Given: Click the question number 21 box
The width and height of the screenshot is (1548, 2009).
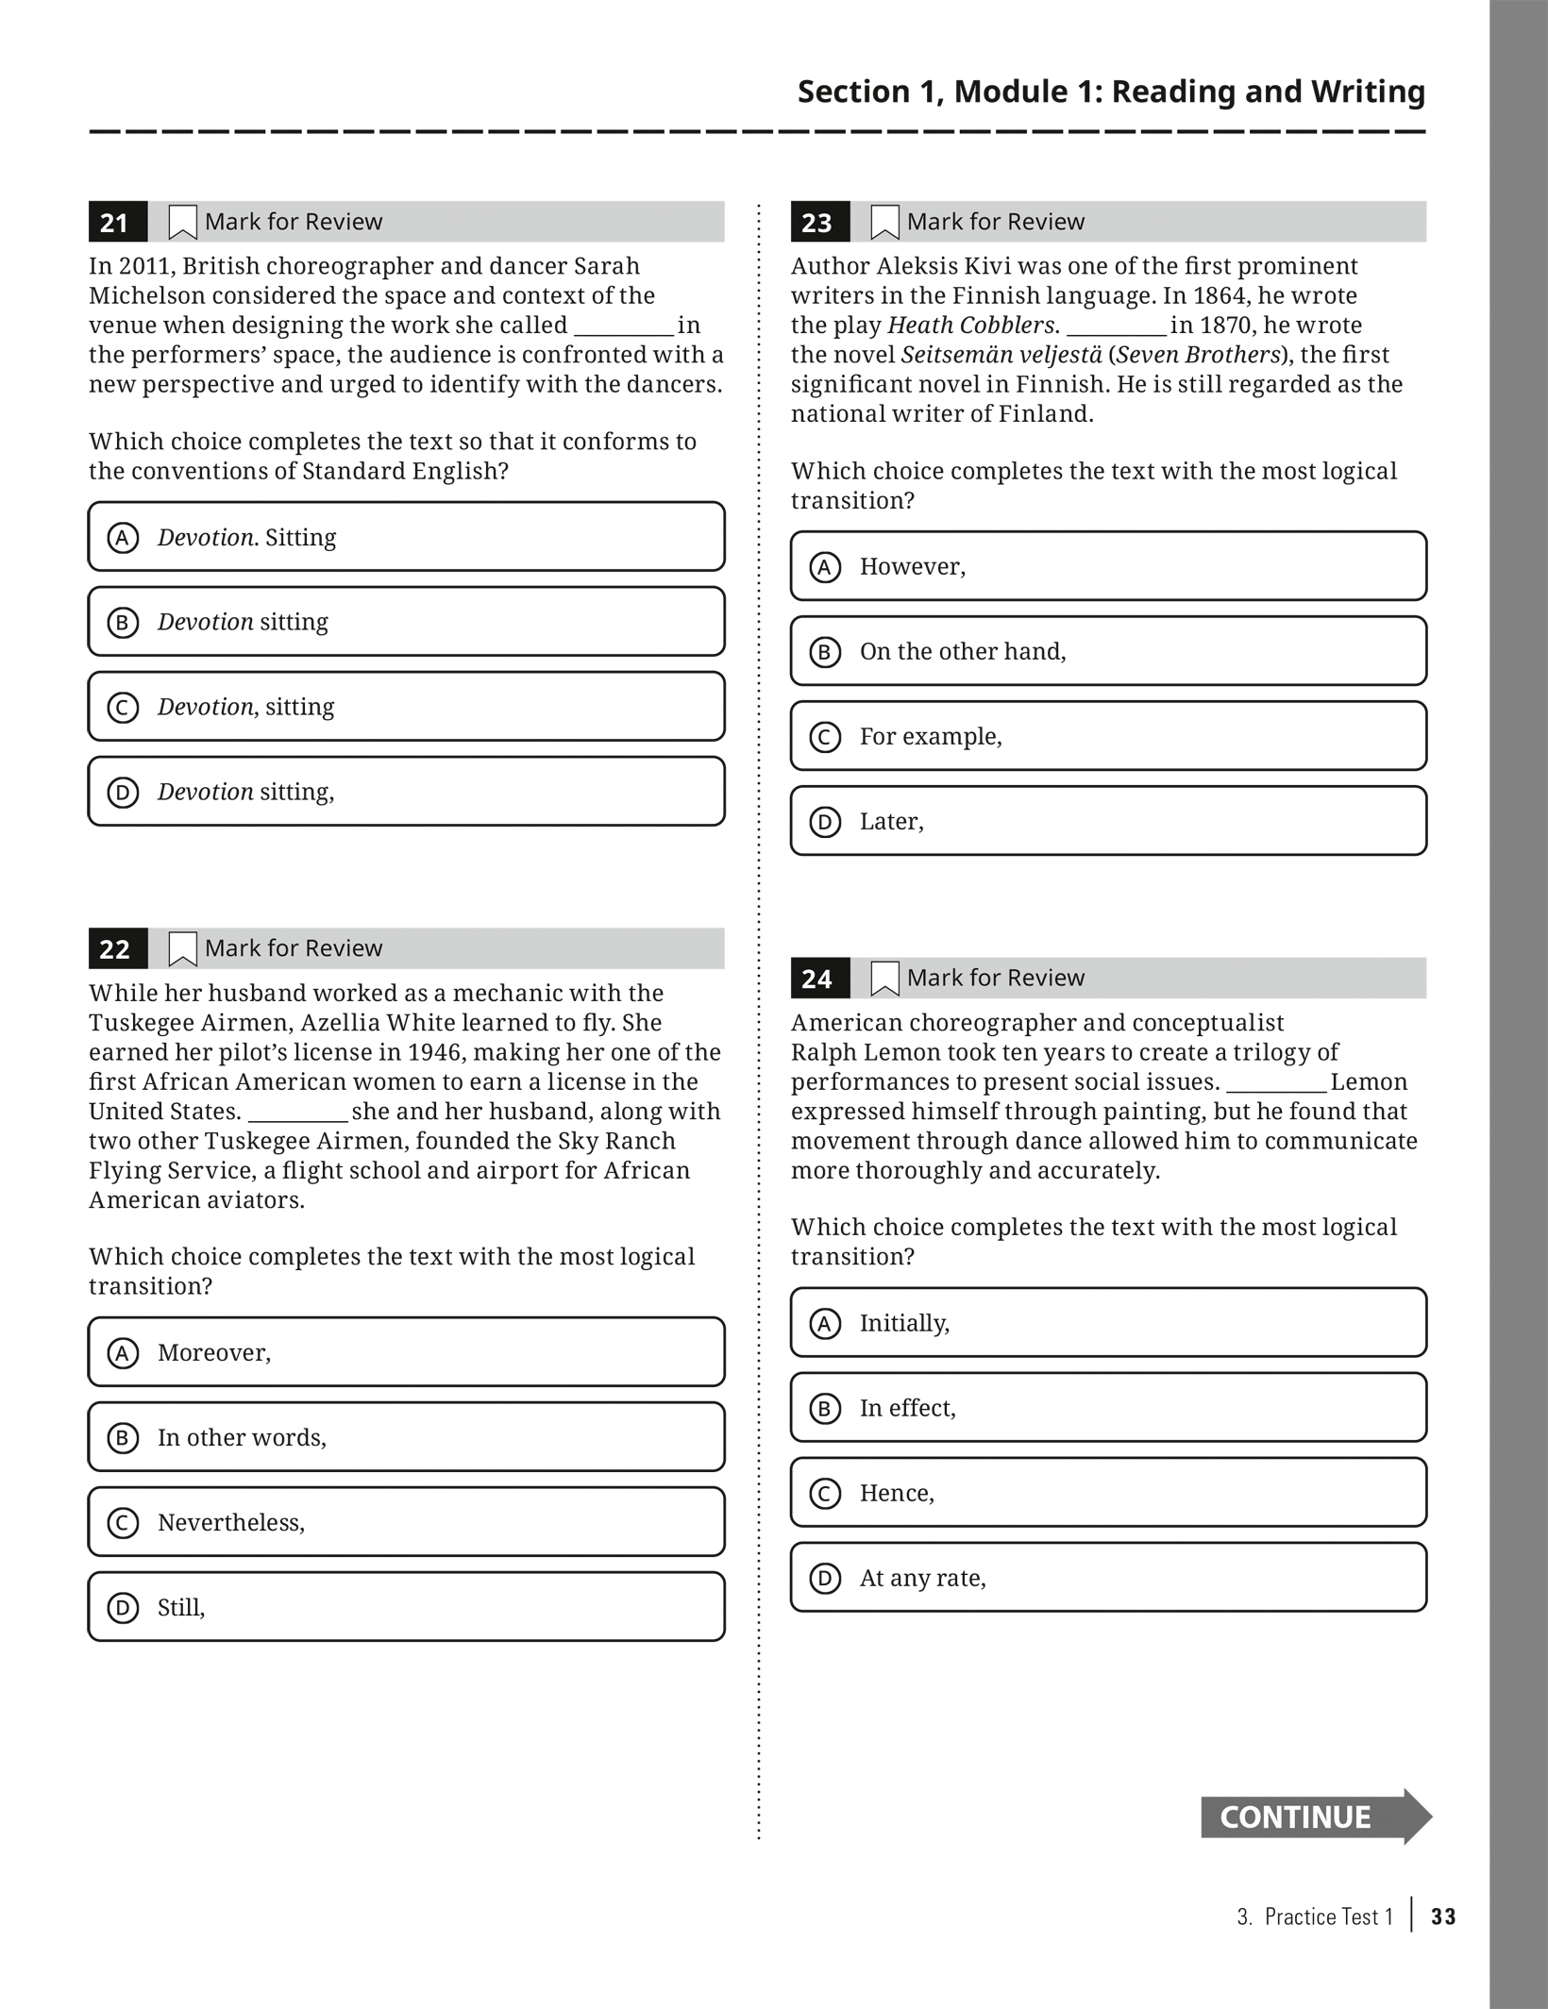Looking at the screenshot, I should (x=117, y=223).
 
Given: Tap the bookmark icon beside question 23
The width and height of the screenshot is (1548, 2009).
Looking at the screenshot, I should (x=883, y=223).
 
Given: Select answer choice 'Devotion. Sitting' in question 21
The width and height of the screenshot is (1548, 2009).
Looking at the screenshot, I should (x=406, y=537).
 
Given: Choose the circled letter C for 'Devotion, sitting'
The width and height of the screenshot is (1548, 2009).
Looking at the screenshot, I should (x=123, y=708).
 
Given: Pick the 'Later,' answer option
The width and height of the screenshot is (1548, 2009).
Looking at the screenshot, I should (x=1108, y=821).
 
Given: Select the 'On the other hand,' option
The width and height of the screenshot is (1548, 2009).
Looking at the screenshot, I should (x=1108, y=651).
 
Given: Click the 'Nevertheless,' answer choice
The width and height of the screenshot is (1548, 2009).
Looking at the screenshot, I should (x=406, y=1522).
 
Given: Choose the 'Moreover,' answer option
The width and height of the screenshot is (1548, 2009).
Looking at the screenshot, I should (x=406, y=1352).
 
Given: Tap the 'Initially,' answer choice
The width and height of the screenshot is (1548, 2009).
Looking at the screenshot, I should (x=1108, y=1323).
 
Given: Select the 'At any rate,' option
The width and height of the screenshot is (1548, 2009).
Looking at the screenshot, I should (x=1108, y=1578).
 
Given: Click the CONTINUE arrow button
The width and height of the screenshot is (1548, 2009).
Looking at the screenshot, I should (x=1314, y=1816).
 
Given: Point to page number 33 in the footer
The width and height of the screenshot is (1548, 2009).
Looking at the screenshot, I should (x=1443, y=1917).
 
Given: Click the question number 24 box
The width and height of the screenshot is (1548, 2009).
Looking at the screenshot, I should (x=819, y=979).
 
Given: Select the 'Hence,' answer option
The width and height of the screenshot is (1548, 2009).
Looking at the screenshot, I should (x=1108, y=1493).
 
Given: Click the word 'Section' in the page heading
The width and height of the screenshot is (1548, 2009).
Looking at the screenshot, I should (x=853, y=92).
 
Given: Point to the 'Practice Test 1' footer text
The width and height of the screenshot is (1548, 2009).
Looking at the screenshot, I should (x=1328, y=1917).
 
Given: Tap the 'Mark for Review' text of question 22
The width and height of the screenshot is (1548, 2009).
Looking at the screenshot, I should (x=294, y=948).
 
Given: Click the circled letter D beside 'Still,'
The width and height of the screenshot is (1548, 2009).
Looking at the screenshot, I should (x=123, y=1608).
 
